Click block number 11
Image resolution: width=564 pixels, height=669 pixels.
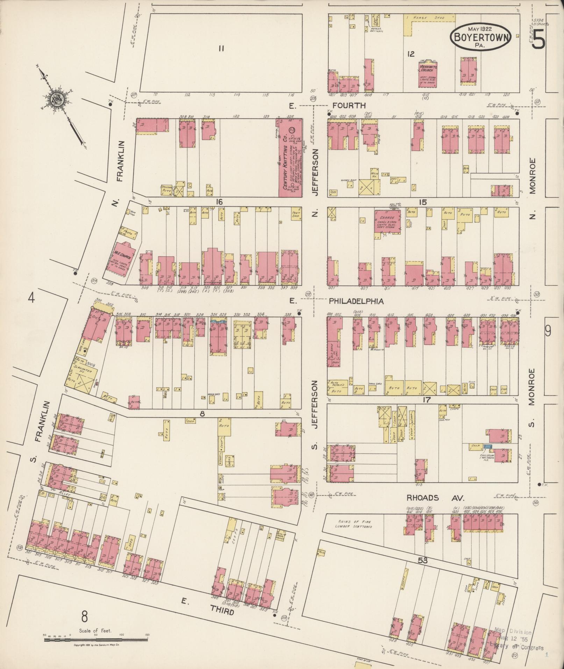[221, 49]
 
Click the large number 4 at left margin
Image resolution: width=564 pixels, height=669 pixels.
[32, 298]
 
